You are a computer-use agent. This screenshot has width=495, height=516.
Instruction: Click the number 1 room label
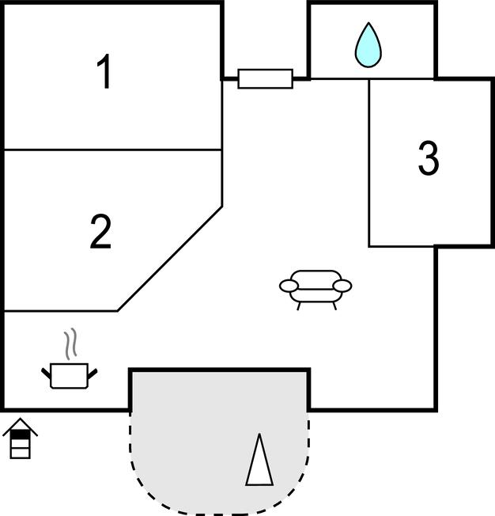[104, 73]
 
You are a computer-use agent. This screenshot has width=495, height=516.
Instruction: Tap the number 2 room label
[101, 232]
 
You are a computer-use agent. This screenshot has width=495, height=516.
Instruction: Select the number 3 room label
[428, 158]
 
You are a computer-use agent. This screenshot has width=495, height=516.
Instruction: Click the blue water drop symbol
[368, 45]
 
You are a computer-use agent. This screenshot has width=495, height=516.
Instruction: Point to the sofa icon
[316, 288]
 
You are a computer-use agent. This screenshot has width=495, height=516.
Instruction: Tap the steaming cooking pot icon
[71, 373]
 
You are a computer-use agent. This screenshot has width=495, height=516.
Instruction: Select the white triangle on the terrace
[259, 461]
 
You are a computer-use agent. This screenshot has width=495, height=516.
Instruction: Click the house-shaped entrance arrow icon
[20, 440]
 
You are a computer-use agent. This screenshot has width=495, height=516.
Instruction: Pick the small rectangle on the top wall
[265, 78]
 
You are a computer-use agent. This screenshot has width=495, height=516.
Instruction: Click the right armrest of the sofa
[342, 286]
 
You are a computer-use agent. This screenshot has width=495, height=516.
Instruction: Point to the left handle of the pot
[46, 370]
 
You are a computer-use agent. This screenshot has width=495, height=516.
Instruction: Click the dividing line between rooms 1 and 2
[111, 150]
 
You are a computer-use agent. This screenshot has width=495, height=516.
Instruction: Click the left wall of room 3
[369, 162]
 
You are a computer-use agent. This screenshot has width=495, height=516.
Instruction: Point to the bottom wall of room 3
[402, 246]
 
